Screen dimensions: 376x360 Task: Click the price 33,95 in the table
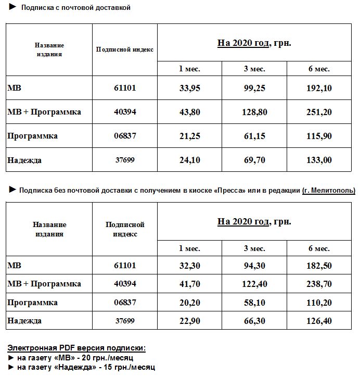click(x=189, y=88)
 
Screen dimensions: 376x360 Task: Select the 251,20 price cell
click(x=319, y=112)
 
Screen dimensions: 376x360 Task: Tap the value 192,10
click(x=319, y=88)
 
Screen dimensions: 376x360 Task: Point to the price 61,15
click(x=254, y=136)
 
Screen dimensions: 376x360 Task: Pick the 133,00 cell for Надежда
click(x=319, y=160)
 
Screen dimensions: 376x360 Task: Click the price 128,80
click(x=254, y=112)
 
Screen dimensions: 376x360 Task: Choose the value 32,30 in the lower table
click(x=189, y=266)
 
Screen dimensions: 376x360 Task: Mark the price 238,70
click(x=319, y=284)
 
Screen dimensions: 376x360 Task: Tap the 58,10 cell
click(x=254, y=303)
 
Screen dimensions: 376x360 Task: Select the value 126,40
click(x=319, y=321)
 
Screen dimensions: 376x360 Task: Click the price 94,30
click(x=254, y=266)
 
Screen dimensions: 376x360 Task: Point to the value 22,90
click(x=189, y=321)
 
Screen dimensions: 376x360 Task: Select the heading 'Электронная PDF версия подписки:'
click(x=76, y=347)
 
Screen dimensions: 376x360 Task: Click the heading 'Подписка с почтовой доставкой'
click(x=75, y=8)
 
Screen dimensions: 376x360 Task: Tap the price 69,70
click(x=254, y=160)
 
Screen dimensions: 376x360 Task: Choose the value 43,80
click(x=189, y=112)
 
